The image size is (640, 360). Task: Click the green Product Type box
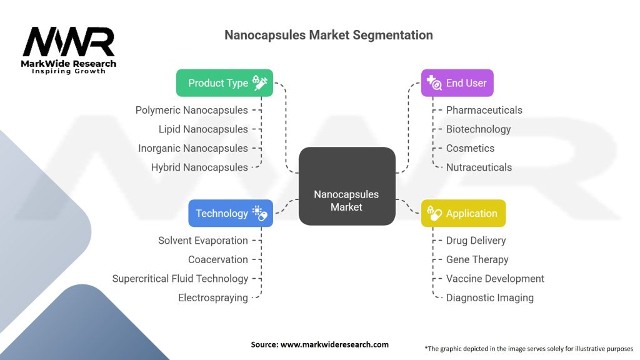(x=224, y=83)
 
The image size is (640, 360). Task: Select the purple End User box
(x=457, y=83)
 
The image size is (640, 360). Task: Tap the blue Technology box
(x=231, y=213)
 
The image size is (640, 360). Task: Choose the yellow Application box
(x=463, y=213)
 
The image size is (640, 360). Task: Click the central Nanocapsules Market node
(x=347, y=186)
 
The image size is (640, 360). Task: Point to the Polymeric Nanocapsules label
(x=191, y=110)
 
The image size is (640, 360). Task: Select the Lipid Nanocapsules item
(x=203, y=129)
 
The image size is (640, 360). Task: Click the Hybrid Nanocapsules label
(x=199, y=167)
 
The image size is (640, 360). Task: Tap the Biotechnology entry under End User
(x=478, y=129)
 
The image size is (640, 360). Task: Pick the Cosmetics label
(x=470, y=148)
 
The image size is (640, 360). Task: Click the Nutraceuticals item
(x=479, y=167)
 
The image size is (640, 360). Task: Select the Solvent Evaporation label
(x=203, y=241)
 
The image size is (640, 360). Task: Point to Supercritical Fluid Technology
(x=180, y=279)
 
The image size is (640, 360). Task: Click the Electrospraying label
(x=212, y=298)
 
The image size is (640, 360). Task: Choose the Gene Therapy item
(x=477, y=259)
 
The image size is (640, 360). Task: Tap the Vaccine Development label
(x=495, y=279)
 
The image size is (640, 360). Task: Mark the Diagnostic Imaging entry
(x=490, y=298)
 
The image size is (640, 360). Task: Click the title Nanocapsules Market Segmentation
(x=329, y=35)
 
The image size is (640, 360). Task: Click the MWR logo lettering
(x=69, y=42)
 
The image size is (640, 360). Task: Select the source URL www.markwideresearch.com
(x=334, y=344)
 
